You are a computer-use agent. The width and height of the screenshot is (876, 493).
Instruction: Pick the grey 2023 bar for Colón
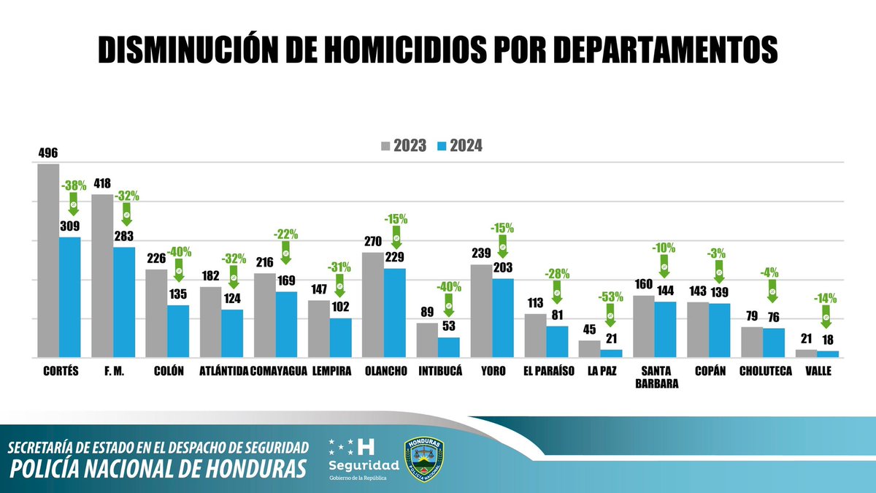point(156,313)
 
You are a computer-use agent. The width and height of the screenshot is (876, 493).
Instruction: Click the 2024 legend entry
point(459,146)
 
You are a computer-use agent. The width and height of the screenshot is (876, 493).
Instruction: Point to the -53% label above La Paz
point(610,298)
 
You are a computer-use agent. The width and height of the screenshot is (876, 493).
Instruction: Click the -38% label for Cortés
point(72,186)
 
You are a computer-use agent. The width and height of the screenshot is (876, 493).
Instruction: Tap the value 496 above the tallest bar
point(48,153)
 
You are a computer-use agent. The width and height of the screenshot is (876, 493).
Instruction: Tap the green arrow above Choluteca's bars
point(772,293)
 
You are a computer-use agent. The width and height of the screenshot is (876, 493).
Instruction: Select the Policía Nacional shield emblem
point(424,459)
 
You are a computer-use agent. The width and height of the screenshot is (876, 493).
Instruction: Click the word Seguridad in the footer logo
point(364,465)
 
